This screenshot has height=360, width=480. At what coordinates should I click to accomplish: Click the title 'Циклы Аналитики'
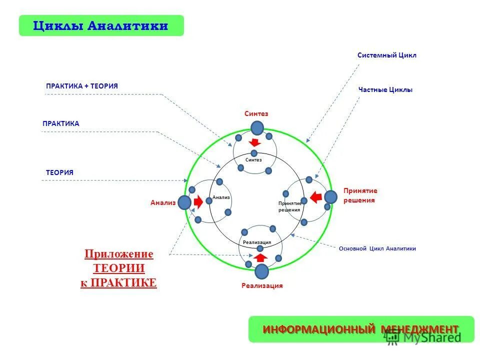(100, 25)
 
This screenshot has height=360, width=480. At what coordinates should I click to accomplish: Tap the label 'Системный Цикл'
(386, 55)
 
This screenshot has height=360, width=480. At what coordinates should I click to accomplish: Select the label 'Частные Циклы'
(385, 90)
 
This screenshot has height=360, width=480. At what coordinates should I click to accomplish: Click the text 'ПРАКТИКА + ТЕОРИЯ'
(82, 86)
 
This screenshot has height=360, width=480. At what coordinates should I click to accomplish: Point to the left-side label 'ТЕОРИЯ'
(60, 172)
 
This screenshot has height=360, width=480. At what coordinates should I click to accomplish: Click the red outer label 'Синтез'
(256, 114)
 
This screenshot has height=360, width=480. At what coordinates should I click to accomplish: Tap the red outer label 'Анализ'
(163, 202)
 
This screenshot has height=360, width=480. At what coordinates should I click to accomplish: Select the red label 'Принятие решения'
(360, 195)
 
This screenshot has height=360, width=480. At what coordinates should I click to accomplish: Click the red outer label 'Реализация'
(262, 286)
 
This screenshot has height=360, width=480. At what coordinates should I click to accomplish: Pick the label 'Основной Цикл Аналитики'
(377, 248)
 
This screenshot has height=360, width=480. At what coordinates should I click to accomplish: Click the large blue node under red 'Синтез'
(257, 128)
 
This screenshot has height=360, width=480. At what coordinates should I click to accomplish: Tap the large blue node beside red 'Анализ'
(184, 202)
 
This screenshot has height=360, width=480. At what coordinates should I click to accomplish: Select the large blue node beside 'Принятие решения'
(330, 197)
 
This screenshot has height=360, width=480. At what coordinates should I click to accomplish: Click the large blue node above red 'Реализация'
(261, 271)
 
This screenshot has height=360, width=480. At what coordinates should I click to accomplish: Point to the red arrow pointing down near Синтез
(254, 142)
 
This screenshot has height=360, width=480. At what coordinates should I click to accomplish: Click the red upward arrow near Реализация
(259, 257)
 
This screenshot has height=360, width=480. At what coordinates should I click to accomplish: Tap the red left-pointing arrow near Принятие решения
(316, 197)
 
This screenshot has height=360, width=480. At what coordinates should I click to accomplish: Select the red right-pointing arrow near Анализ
(198, 202)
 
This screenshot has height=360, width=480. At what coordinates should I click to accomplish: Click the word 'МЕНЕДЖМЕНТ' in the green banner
(419, 329)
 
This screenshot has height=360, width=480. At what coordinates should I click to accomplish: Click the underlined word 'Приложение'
(118, 254)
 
